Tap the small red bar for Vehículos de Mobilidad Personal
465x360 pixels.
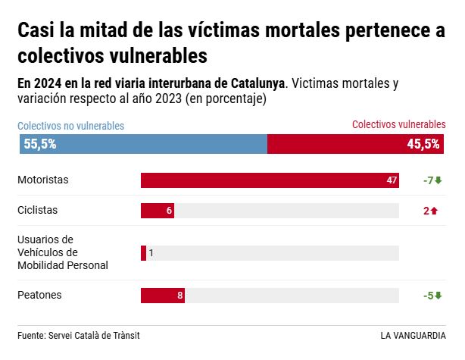click(143, 253)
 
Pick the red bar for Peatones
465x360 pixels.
click(161, 296)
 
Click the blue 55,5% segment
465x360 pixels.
click(144, 144)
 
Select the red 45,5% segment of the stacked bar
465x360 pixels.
click(356, 144)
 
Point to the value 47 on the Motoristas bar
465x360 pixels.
click(392, 180)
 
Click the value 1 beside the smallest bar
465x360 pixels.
click(151, 253)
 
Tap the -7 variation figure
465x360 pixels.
click(428, 180)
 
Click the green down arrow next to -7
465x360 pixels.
click(438, 180)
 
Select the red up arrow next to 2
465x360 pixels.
click(435, 211)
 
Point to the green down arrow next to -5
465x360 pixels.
click(438, 296)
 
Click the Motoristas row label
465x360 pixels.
click(43, 180)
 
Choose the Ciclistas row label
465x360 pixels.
click(38, 210)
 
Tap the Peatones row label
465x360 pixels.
click(39, 295)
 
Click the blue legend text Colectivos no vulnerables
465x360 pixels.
click(71, 126)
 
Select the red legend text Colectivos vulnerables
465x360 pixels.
click(399, 124)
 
